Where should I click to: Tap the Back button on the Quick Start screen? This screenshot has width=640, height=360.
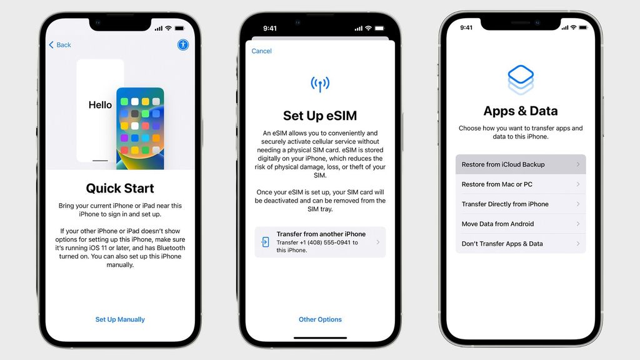pyautogui.click(x=60, y=45)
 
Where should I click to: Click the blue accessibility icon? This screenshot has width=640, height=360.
pyautogui.click(x=182, y=44)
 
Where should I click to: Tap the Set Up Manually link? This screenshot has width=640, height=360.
pyautogui.click(x=120, y=319)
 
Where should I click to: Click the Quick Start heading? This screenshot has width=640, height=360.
pyautogui.click(x=120, y=188)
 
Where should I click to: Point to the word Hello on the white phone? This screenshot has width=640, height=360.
pyautogui.click(x=100, y=105)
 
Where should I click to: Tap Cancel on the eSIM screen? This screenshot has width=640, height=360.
pyautogui.click(x=261, y=51)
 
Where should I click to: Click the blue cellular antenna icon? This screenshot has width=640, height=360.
pyautogui.click(x=320, y=84)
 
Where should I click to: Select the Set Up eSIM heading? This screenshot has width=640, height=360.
pyautogui.click(x=320, y=116)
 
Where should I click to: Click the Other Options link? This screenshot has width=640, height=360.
pyautogui.click(x=320, y=319)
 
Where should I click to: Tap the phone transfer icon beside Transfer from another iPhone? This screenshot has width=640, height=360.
pyautogui.click(x=266, y=242)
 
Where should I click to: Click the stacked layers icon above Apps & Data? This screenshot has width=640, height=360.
pyautogui.click(x=520, y=79)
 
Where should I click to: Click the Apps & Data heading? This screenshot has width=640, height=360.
pyautogui.click(x=520, y=111)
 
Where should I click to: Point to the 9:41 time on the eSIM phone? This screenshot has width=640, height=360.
pyautogui.click(x=270, y=28)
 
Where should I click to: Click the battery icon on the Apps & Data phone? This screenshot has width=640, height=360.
pyautogui.click(x=584, y=27)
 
